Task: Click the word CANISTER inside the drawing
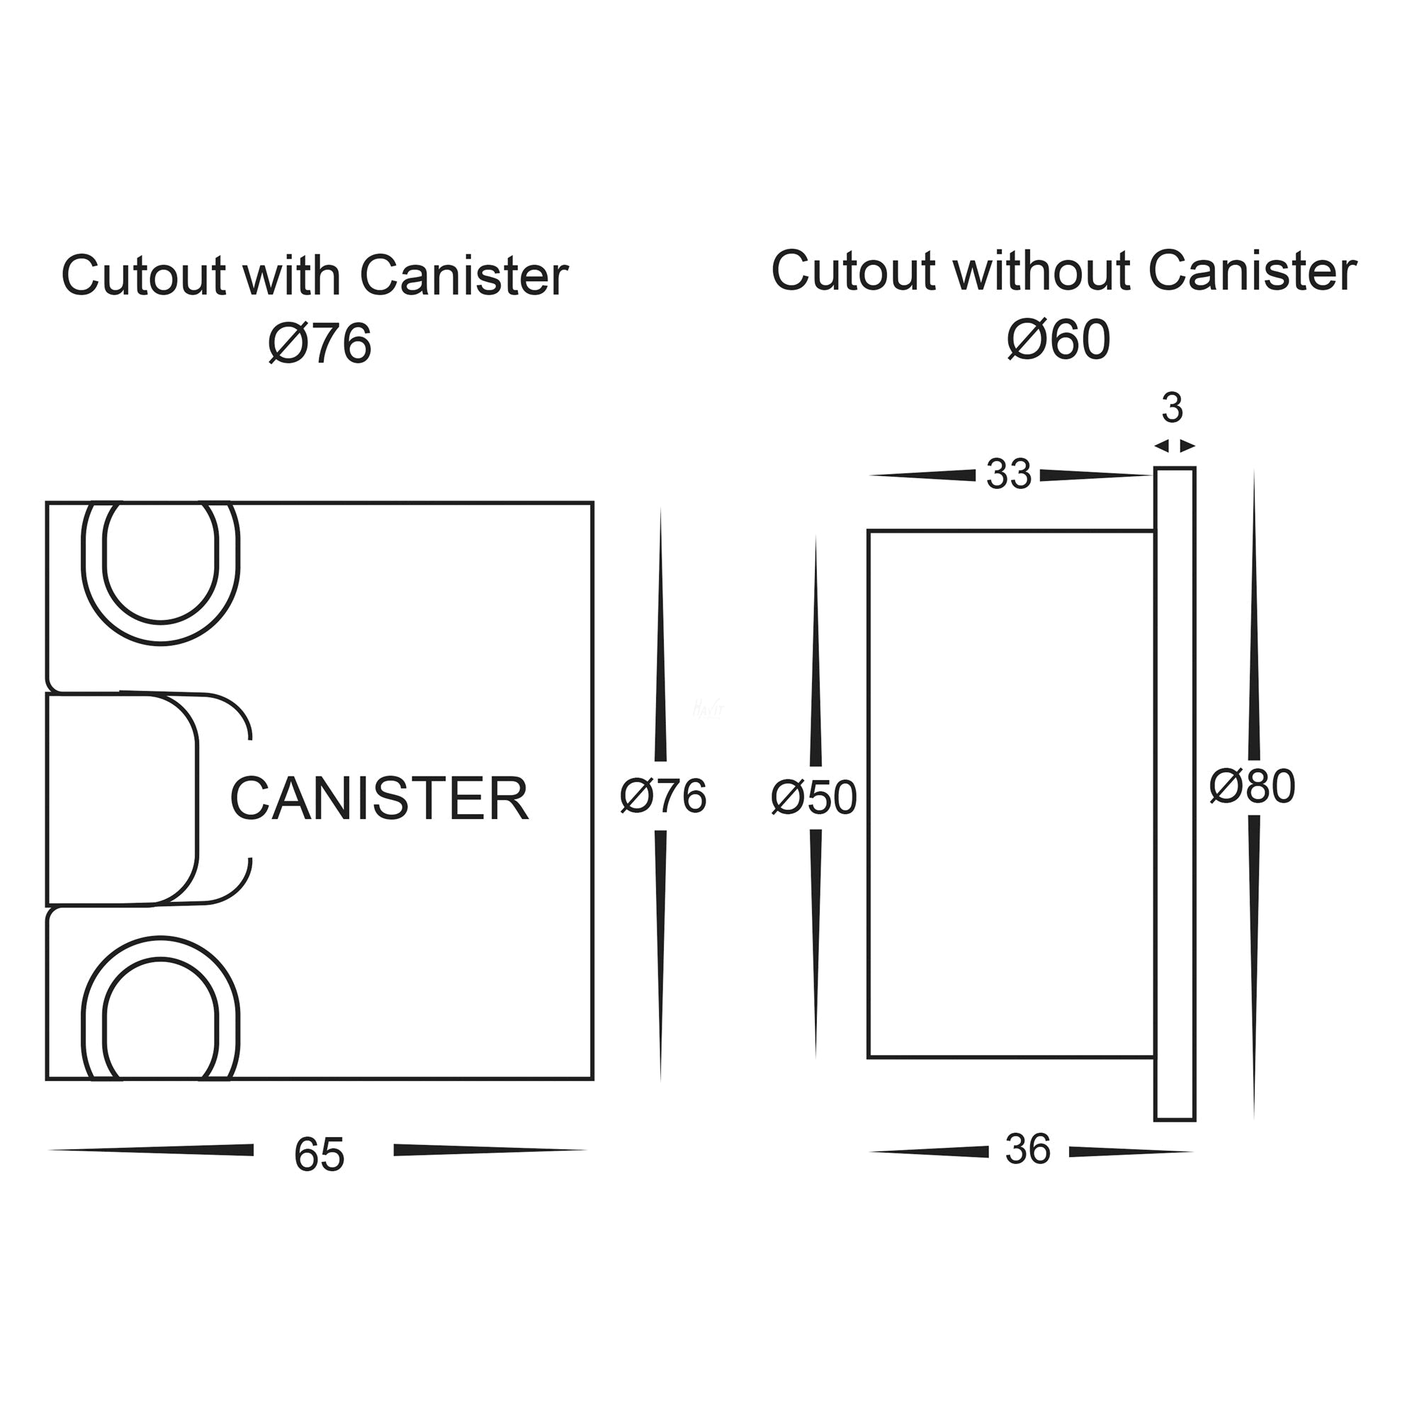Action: pos(379,798)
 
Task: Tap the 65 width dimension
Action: pos(318,1154)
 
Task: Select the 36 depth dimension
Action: pos(1027,1149)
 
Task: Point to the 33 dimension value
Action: pos(1008,474)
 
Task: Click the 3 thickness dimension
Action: pos(1172,408)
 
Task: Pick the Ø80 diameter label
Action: pos(1253,786)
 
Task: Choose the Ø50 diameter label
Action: pos(814,797)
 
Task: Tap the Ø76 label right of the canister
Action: pos(663,796)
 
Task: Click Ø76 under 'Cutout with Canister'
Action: pos(320,343)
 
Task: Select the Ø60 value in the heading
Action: pos(1058,339)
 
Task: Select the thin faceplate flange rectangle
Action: pos(1174,794)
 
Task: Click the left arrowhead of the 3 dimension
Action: pos(1161,446)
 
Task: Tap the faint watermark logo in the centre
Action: pos(708,708)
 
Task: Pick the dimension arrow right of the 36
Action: pos(1129,1152)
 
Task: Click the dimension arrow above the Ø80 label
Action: pos(1253,616)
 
